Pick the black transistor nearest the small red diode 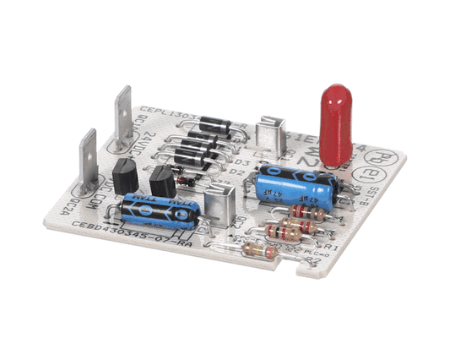point(162,181)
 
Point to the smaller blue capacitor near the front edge point(160,211)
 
